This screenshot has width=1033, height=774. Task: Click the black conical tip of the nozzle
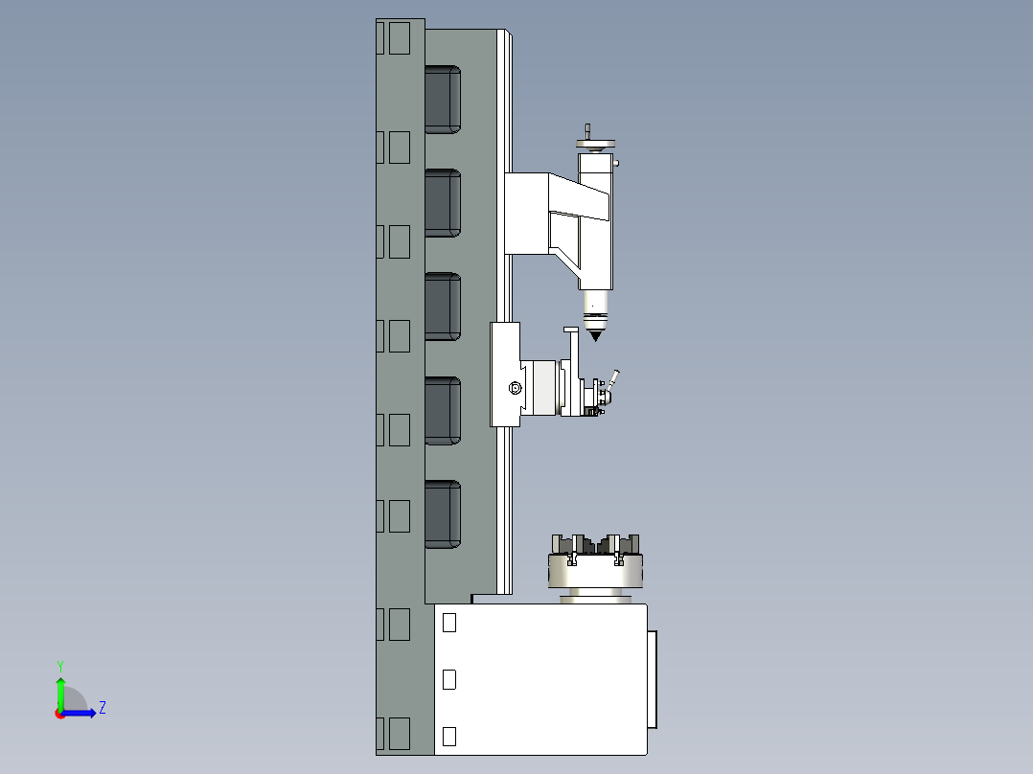point(596,335)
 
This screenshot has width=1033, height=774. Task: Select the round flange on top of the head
point(595,146)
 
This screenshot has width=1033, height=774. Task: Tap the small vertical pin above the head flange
point(587,131)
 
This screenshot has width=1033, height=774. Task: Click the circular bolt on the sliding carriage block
point(515,388)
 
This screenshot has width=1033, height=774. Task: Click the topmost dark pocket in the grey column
point(442,99)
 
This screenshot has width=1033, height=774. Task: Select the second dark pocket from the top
point(442,203)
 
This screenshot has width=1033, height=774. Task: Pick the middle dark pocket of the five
point(442,307)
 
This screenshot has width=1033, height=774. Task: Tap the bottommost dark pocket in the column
point(442,514)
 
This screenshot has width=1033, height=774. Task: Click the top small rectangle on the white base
point(449,623)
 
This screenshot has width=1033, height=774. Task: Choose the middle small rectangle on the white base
point(449,679)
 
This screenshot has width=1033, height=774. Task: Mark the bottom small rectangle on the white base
point(449,736)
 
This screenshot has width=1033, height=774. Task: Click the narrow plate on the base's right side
point(653,679)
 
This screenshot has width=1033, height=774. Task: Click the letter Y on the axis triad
point(59,665)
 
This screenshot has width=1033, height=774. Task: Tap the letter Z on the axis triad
point(102,708)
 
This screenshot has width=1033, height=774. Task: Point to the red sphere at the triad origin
point(60,713)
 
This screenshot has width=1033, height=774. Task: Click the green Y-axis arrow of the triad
point(60,692)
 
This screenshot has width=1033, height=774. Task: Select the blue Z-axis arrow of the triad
point(81,713)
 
